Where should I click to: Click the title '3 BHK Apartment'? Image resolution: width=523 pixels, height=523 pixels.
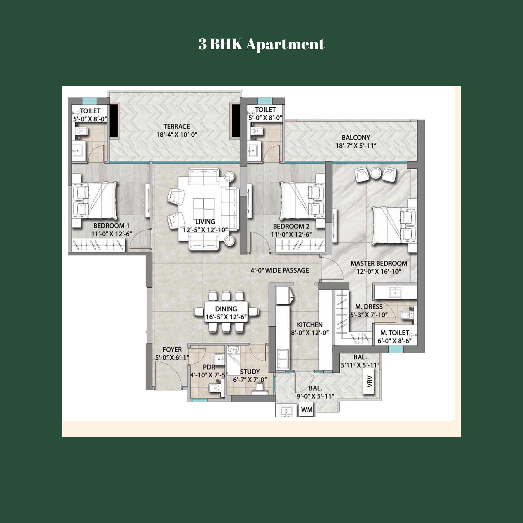[x=261, y=44]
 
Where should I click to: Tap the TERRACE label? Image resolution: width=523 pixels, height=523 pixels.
[x=176, y=126]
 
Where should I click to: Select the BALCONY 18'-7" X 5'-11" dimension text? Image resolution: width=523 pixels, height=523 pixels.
[x=356, y=146]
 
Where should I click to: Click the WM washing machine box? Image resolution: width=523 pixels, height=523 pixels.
[x=306, y=410]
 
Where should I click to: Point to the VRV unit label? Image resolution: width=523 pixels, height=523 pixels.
[x=370, y=382]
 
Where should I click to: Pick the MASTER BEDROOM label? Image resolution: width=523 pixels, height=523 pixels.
[x=378, y=263]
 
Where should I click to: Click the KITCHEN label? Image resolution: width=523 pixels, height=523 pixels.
[x=310, y=325]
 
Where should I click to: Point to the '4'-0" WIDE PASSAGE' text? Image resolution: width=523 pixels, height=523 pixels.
[x=280, y=270]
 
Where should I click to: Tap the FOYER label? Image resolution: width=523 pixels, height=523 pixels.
[x=172, y=350]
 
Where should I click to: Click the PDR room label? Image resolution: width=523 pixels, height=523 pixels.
[x=209, y=367]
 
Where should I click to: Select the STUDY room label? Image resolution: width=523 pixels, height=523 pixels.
[x=249, y=372]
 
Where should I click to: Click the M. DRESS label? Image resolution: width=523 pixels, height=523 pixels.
[x=369, y=307]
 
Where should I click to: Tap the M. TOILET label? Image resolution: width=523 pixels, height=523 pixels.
[x=394, y=333]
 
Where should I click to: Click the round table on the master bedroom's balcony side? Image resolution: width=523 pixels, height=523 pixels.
[x=375, y=173]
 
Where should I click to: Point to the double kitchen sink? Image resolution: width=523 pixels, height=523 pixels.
[x=283, y=359]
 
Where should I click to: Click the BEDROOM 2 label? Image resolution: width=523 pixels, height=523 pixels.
[x=291, y=226]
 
